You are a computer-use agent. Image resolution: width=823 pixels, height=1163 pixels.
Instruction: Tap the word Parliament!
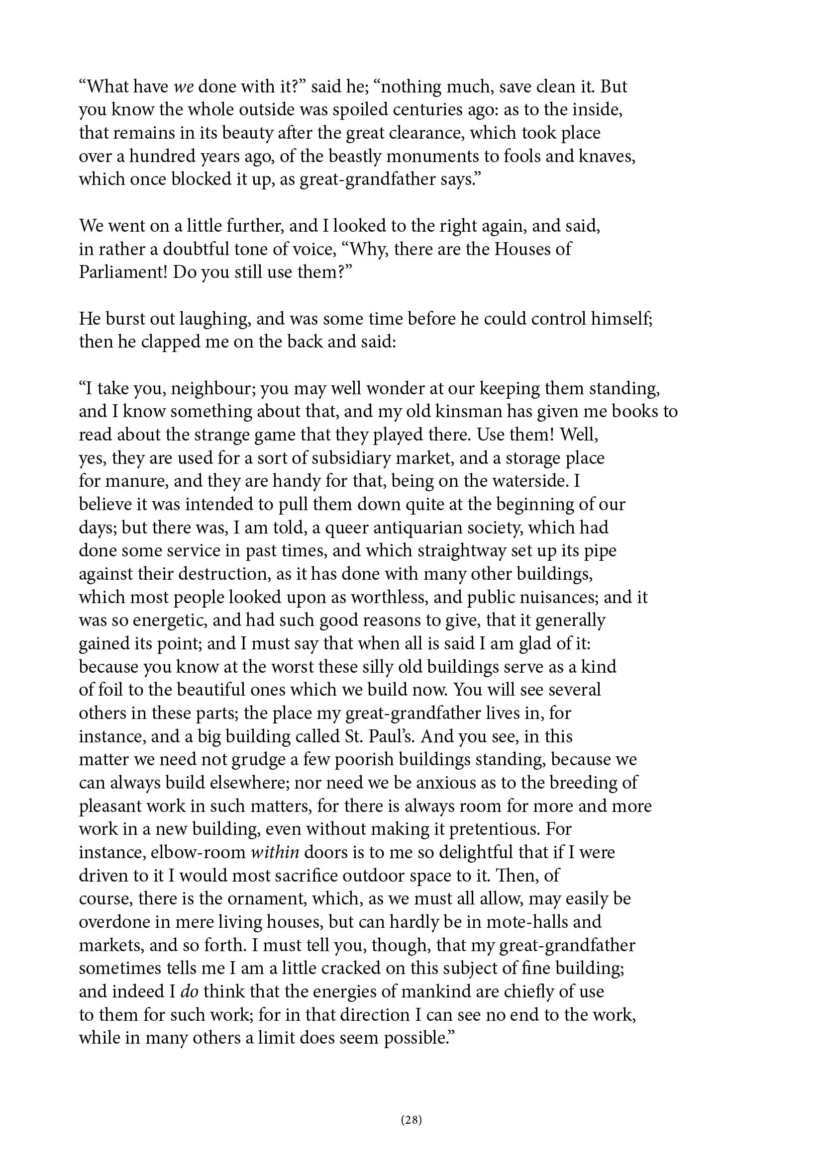click(x=123, y=272)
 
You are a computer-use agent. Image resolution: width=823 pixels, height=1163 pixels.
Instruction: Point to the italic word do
click(x=189, y=991)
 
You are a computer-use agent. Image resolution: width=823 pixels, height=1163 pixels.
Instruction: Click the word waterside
click(x=527, y=481)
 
